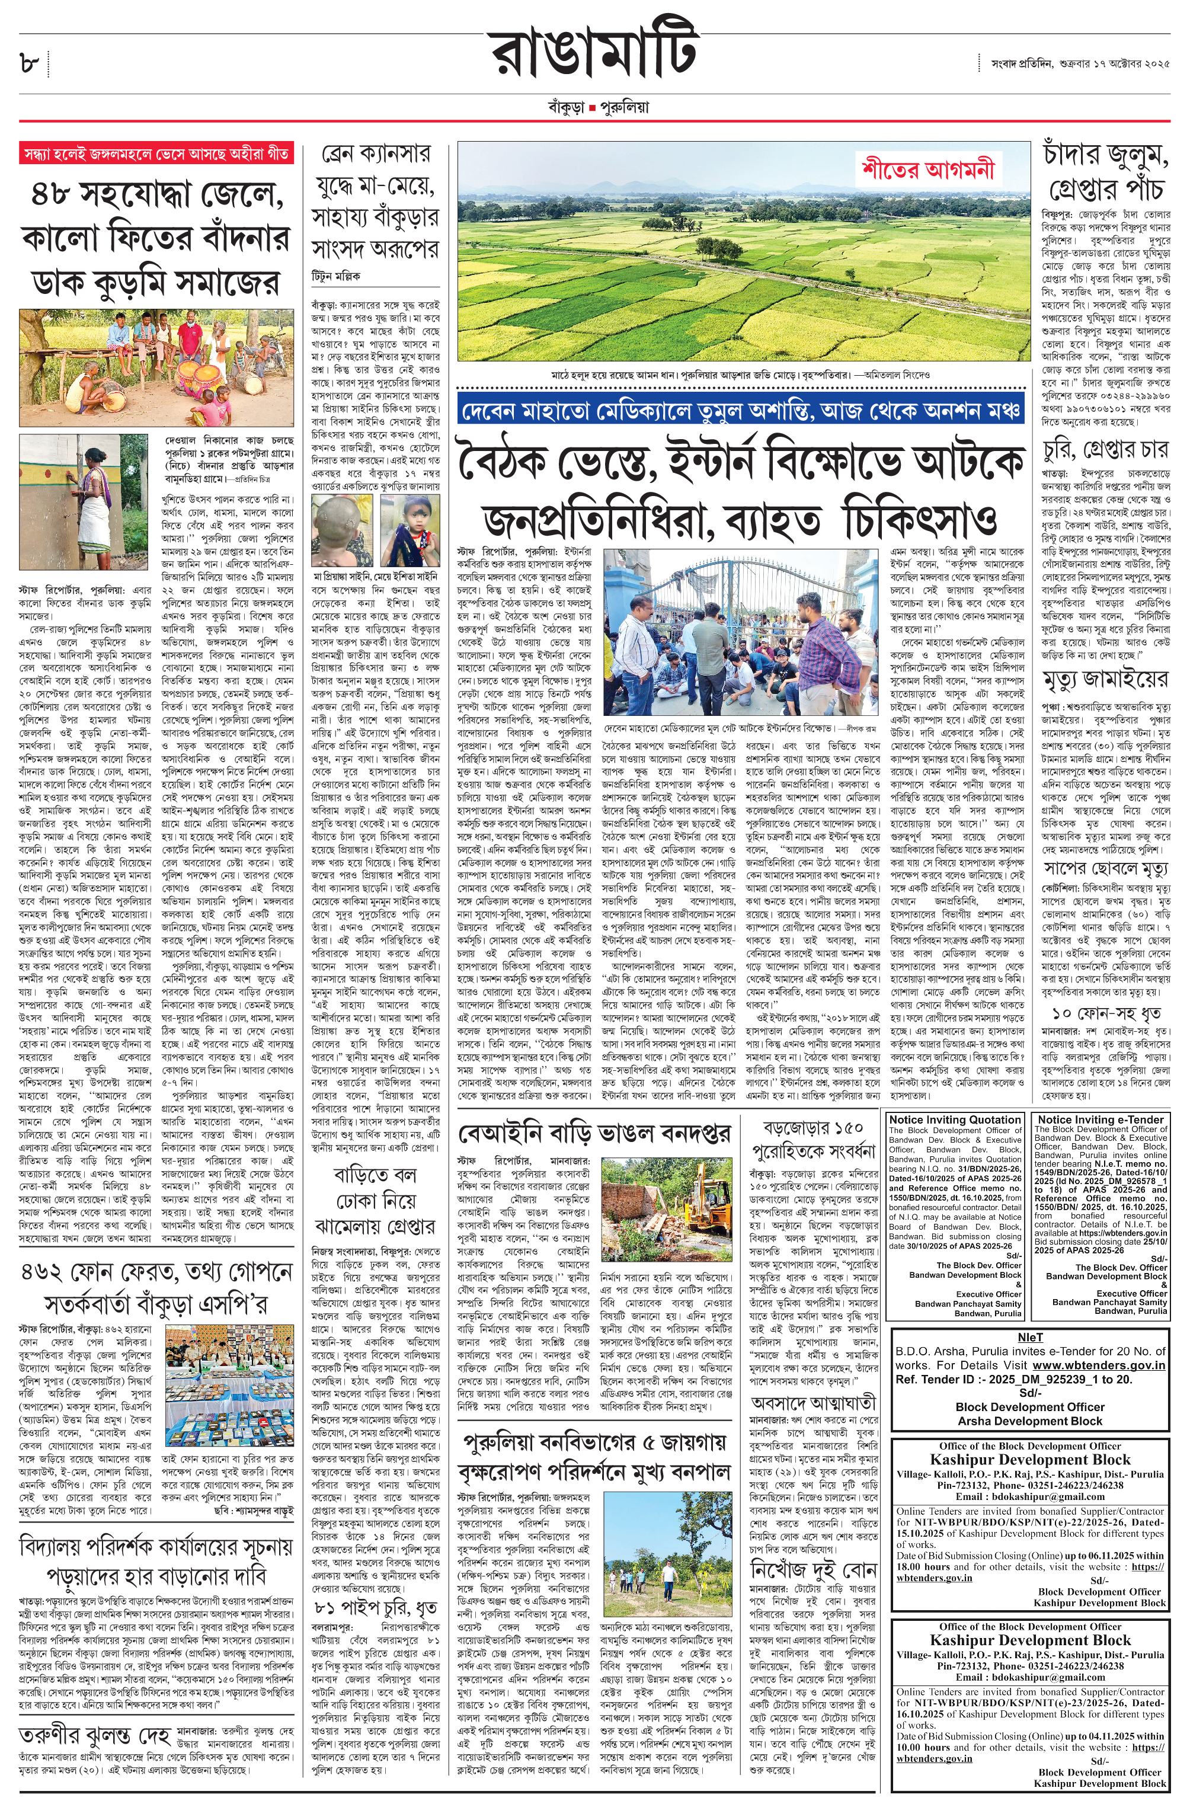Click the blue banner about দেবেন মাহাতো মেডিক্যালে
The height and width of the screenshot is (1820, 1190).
[740, 411]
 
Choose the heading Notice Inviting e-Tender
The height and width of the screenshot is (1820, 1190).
[1101, 1119]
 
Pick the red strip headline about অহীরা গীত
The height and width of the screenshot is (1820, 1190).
[156, 153]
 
